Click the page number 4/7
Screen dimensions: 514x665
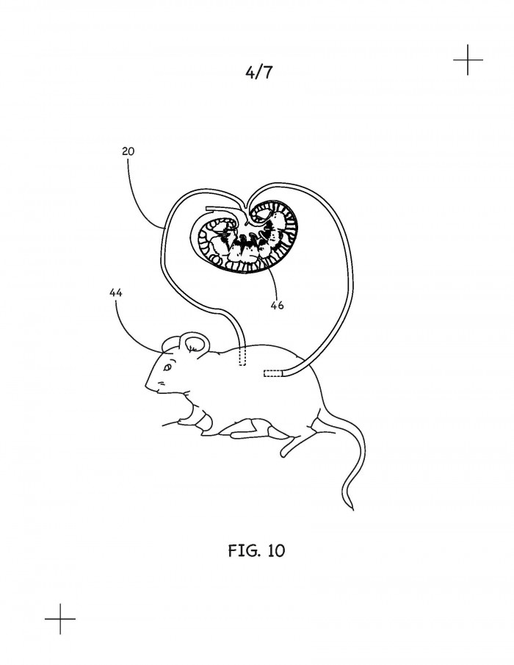258,73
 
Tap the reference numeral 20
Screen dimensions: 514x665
128,151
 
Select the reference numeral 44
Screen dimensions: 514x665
116,292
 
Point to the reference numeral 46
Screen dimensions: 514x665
277,305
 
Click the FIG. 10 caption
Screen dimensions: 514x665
256,550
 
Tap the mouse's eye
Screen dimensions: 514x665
168,367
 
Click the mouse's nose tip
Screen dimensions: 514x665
146,386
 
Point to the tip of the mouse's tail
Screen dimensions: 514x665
352,509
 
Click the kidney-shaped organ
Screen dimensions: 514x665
245,238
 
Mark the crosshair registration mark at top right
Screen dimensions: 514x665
468,60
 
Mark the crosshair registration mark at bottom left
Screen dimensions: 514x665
60,619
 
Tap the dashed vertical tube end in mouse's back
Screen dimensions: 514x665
242,356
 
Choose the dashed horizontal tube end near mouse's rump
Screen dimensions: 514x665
272,373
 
